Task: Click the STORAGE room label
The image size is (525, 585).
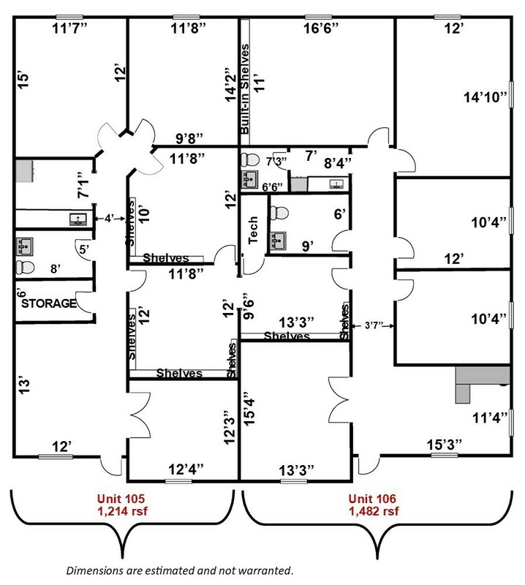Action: (x=49, y=303)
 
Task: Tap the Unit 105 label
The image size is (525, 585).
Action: (x=121, y=499)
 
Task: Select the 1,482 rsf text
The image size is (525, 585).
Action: (x=374, y=510)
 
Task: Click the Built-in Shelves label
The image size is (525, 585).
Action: (x=245, y=89)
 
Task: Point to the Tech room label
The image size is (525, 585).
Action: (x=253, y=230)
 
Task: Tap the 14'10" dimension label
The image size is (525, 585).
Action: (x=486, y=97)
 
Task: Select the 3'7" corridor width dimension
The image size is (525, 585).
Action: (x=374, y=325)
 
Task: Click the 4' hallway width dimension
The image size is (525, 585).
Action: (x=108, y=219)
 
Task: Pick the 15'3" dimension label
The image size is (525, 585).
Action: (x=445, y=445)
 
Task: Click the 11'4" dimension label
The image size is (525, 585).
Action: (x=490, y=418)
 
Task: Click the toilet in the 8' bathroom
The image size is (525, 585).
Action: (x=25, y=268)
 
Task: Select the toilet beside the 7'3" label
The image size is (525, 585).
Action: (x=250, y=160)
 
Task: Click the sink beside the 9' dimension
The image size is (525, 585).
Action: (x=278, y=241)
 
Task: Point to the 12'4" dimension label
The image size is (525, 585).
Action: (x=186, y=469)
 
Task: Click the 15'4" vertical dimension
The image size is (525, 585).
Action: (x=249, y=409)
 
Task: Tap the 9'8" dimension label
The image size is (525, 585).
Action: (x=189, y=138)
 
